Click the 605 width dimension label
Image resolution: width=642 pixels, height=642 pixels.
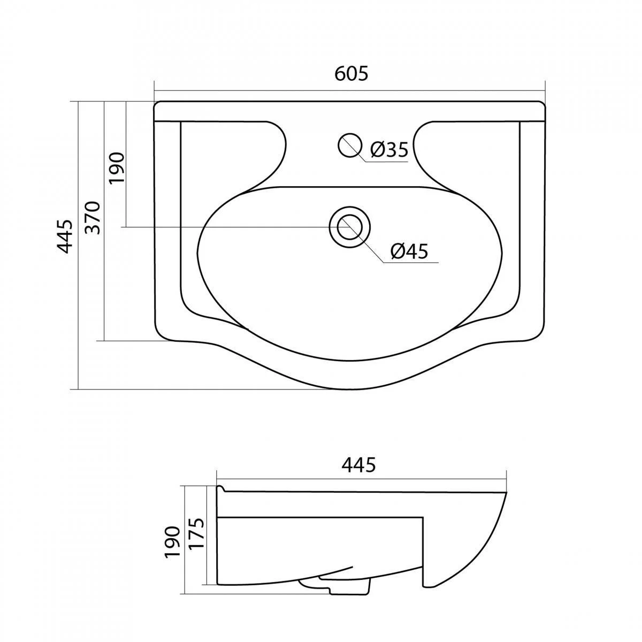[351, 74]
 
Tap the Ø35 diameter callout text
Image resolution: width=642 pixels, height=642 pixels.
[389, 149]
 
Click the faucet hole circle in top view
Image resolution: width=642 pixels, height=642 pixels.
[349, 145]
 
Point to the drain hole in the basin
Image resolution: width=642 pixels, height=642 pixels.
[349, 227]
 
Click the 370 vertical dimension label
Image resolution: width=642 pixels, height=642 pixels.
[93, 218]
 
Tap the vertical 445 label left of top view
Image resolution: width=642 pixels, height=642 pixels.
[64, 236]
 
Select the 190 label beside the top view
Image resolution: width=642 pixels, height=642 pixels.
[117, 167]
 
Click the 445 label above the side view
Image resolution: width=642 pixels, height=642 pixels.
[358, 465]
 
